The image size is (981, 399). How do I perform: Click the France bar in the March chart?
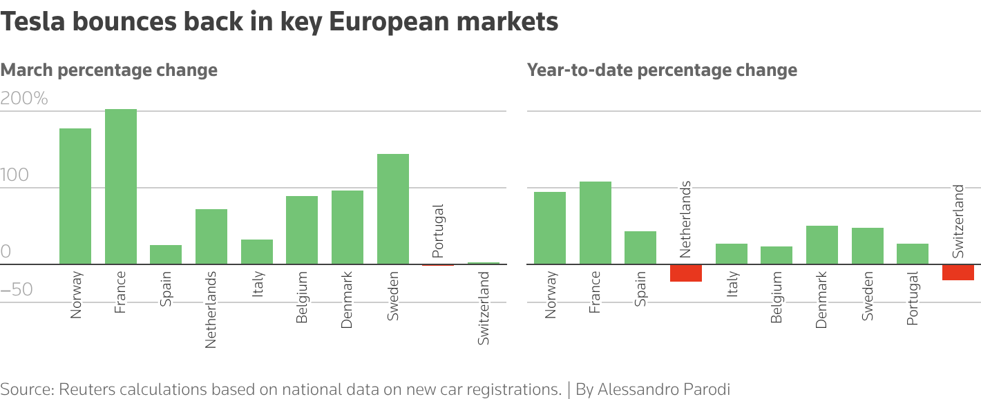[x=121, y=186]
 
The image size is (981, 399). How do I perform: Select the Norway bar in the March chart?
[x=75, y=196]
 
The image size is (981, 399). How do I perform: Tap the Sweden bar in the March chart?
[x=393, y=208]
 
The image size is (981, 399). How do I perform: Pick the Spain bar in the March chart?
[x=166, y=255]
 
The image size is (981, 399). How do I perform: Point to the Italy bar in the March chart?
[x=257, y=252]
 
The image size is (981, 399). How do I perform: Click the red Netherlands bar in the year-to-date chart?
[x=686, y=273]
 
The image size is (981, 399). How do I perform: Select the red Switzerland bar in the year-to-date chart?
[x=958, y=272]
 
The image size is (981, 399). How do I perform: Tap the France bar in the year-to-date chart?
[x=596, y=222]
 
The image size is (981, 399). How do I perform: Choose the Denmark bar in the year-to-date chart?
[x=822, y=245]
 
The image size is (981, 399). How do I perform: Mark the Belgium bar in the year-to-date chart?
[x=777, y=255]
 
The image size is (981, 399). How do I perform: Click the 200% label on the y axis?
[x=25, y=99]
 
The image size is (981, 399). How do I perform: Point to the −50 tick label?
[x=17, y=289]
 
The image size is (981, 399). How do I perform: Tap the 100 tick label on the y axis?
[x=15, y=175]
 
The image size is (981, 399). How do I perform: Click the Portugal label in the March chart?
[x=438, y=231]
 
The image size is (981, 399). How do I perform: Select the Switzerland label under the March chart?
[x=484, y=308]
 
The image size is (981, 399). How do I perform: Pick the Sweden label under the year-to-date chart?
[x=868, y=295]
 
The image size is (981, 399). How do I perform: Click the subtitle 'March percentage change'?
[x=109, y=70]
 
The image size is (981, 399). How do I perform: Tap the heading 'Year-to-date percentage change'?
[x=662, y=70]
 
